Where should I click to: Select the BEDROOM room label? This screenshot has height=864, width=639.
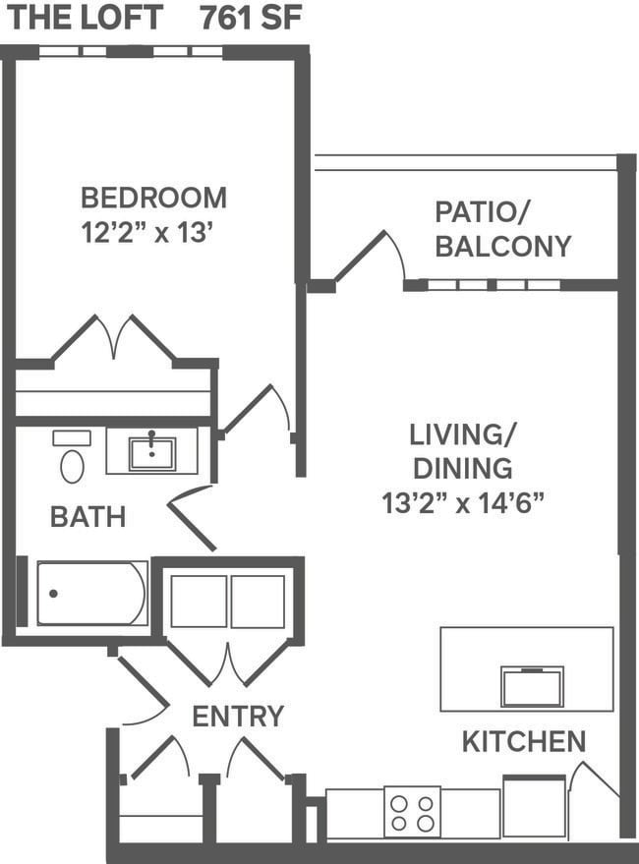tap(153, 198)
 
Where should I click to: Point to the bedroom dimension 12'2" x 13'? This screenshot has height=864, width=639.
tap(147, 235)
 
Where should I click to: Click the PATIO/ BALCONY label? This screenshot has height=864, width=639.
tap(502, 228)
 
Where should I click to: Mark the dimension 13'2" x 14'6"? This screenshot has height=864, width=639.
tap(463, 503)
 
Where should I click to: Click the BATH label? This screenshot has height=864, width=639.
tap(87, 517)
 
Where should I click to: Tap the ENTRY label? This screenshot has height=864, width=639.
tap(238, 717)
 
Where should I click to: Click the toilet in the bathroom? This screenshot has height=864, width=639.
tap(72, 459)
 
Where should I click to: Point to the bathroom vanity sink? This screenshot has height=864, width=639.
tap(152, 453)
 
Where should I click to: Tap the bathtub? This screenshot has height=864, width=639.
tap(91, 593)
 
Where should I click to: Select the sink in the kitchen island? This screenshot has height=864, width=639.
tap(532, 686)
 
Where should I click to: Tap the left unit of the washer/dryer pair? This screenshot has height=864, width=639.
tap(199, 602)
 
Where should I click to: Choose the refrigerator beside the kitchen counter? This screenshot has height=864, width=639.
tap(534, 806)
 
